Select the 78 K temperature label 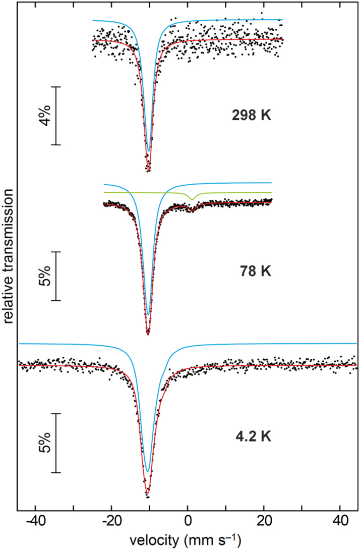click(x=255, y=271)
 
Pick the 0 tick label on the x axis click(x=188, y=519)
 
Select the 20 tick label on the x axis click(x=263, y=519)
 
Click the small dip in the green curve click(x=192, y=199)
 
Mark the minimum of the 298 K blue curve click(x=148, y=151)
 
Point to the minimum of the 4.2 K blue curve click(x=147, y=471)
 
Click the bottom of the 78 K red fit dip click(x=148, y=334)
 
